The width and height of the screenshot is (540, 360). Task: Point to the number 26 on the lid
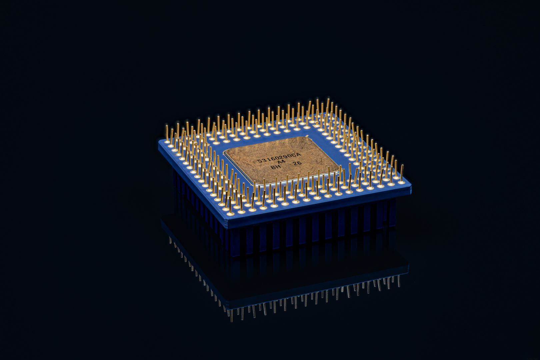click(297, 163)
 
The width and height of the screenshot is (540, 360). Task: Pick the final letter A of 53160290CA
click(299, 155)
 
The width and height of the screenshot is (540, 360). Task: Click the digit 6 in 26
click(299, 163)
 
